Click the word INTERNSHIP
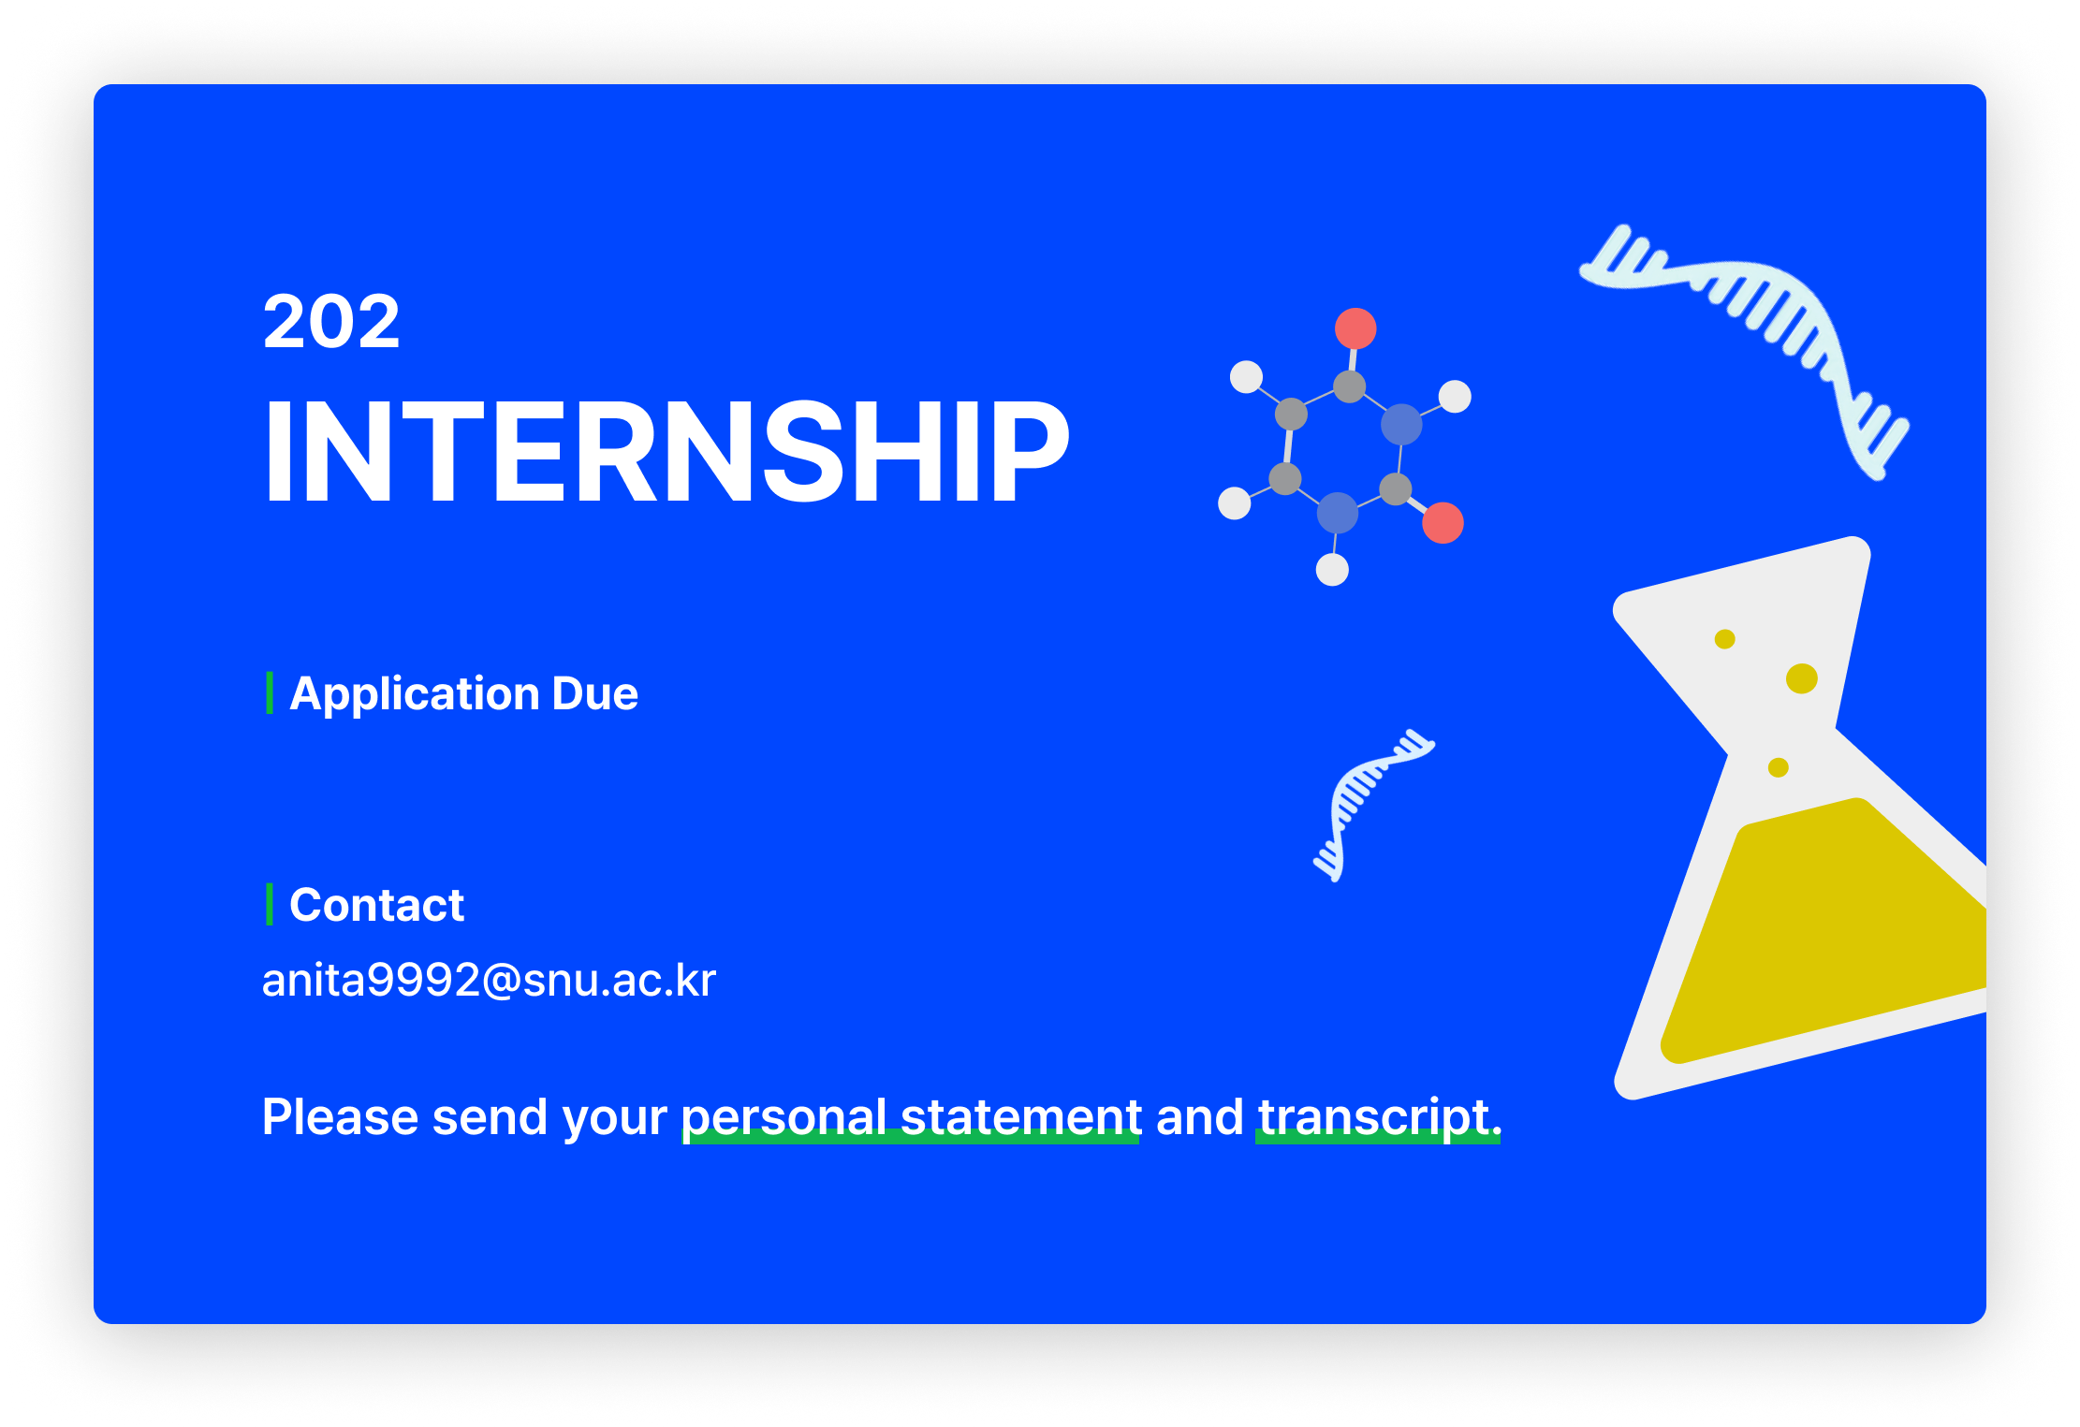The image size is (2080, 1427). coord(666,451)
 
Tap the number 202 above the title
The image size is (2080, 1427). coord(331,322)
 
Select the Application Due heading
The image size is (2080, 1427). coord(463,693)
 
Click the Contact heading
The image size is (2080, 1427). coord(376,905)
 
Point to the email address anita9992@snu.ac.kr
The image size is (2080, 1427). coord(489,980)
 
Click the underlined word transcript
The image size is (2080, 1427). coord(1373,1116)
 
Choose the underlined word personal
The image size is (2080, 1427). coord(783,1116)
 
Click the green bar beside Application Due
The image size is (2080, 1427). coord(270,692)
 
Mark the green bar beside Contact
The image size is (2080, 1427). coord(270,904)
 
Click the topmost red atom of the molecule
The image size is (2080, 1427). coord(1355,328)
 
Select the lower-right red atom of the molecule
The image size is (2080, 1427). coord(1443,522)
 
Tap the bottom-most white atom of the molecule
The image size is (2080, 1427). coord(1332,569)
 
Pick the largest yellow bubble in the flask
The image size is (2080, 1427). coord(1801,678)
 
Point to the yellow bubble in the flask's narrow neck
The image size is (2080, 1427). coord(1778,767)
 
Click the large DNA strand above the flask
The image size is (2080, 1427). coord(1760,318)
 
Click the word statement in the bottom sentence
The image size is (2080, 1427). coord(1020,1116)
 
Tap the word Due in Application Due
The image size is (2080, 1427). coord(595,693)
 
